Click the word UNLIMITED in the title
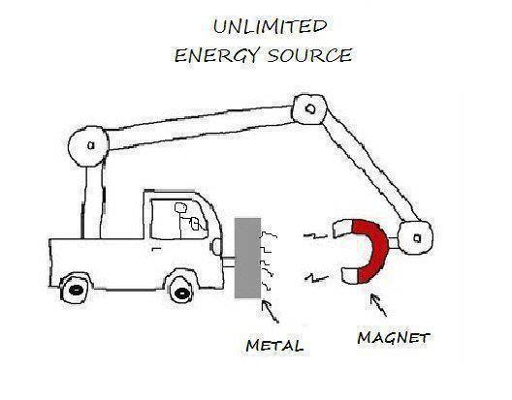click(270, 26)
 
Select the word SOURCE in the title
click(309, 55)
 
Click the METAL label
click(274, 346)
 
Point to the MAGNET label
click(394, 337)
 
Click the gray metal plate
click(248, 258)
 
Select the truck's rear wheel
click(76, 290)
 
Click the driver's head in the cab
click(180, 207)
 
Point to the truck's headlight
click(216, 246)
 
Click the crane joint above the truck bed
click(88, 146)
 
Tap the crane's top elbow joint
click(309, 109)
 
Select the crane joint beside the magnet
click(416, 238)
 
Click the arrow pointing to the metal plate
click(271, 312)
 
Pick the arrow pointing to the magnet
click(378, 305)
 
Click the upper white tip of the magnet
click(342, 228)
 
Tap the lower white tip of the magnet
click(350, 275)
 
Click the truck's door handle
click(157, 250)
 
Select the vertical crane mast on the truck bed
click(92, 202)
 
